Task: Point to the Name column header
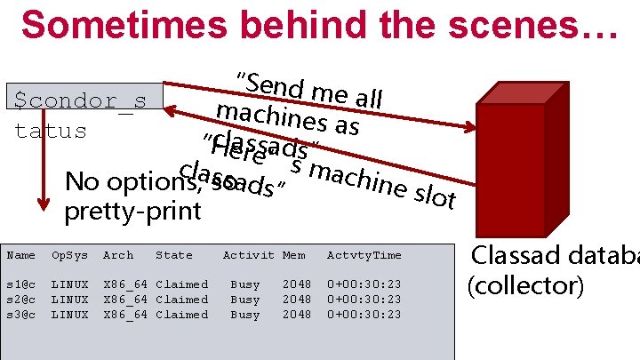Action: tap(21, 255)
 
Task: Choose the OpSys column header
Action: tap(69, 255)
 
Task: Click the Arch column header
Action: tap(118, 255)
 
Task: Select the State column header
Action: tap(173, 255)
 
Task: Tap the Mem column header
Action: tap(293, 255)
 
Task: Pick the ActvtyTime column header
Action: tap(364, 255)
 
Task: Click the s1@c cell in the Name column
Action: tap(21, 284)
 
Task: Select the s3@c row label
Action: tap(21, 315)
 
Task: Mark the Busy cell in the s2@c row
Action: tap(245, 300)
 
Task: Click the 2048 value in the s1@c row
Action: tap(297, 284)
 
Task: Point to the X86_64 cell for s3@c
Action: tap(125, 315)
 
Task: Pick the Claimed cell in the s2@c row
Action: tap(181, 300)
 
